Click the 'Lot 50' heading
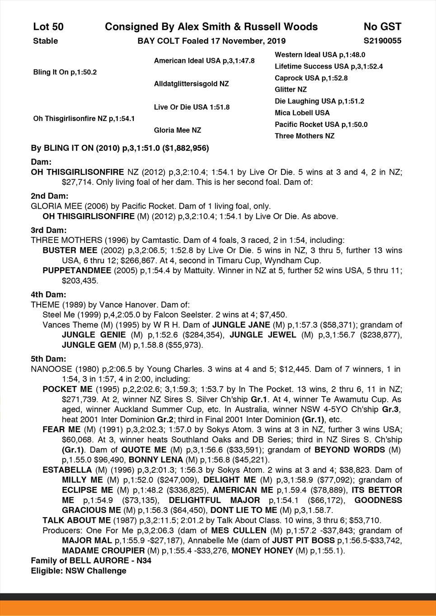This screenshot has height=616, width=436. [48, 27]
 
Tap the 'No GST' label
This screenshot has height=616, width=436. [382, 27]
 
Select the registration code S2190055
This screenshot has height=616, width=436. [382, 41]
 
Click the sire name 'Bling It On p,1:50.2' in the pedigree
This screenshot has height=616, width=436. [65, 72]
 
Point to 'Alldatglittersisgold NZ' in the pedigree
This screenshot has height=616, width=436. [192, 84]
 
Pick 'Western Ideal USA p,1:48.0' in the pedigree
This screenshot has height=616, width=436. [320, 55]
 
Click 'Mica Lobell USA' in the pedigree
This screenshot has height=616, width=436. [302, 113]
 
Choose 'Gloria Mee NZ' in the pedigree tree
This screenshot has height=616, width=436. [178, 130]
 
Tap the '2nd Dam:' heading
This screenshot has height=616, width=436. [49, 196]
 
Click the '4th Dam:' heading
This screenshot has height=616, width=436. [48, 294]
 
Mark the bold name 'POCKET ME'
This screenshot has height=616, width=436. [67, 389]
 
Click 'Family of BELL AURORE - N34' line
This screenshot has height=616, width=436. [91, 560]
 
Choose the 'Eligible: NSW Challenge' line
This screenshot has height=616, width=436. [79, 571]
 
